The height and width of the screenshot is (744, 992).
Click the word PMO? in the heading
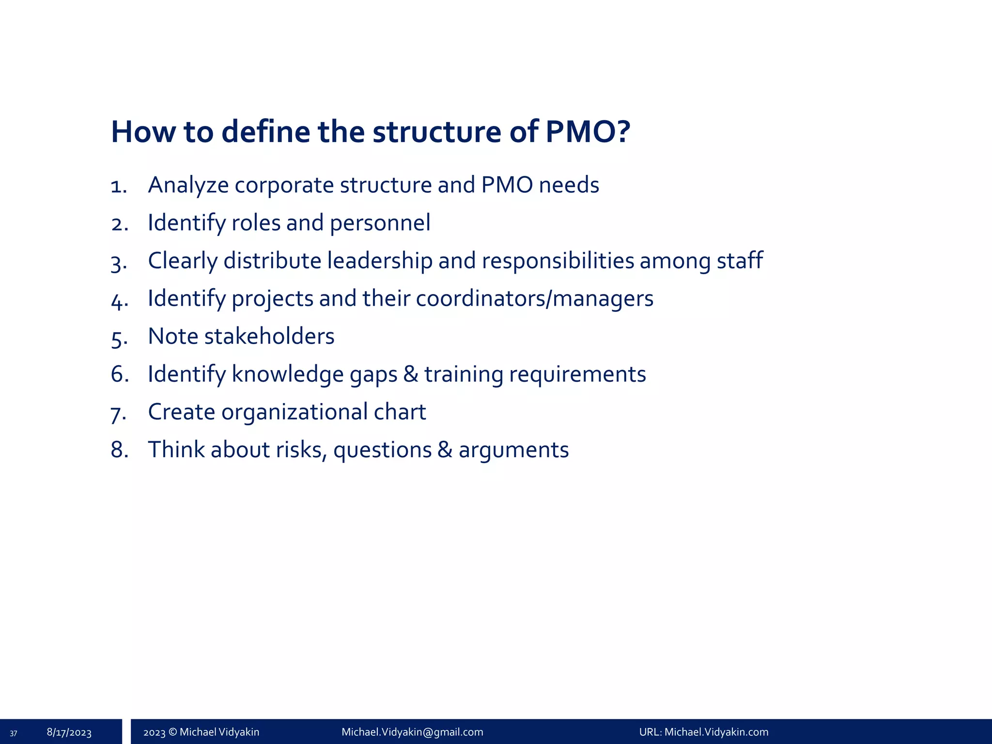click(588, 132)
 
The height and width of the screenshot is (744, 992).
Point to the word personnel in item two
click(380, 223)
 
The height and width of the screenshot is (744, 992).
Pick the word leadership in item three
click(379, 261)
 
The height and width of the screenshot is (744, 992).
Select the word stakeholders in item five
click(269, 337)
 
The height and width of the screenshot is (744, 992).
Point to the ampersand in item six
click(410, 374)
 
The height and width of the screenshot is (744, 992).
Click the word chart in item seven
click(400, 412)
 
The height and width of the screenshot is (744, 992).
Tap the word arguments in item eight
click(513, 450)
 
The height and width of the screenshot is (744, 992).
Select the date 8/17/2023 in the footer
click(69, 732)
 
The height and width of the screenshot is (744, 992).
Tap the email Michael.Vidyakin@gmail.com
click(412, 732)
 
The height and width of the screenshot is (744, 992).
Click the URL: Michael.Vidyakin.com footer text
click(703, 732)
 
